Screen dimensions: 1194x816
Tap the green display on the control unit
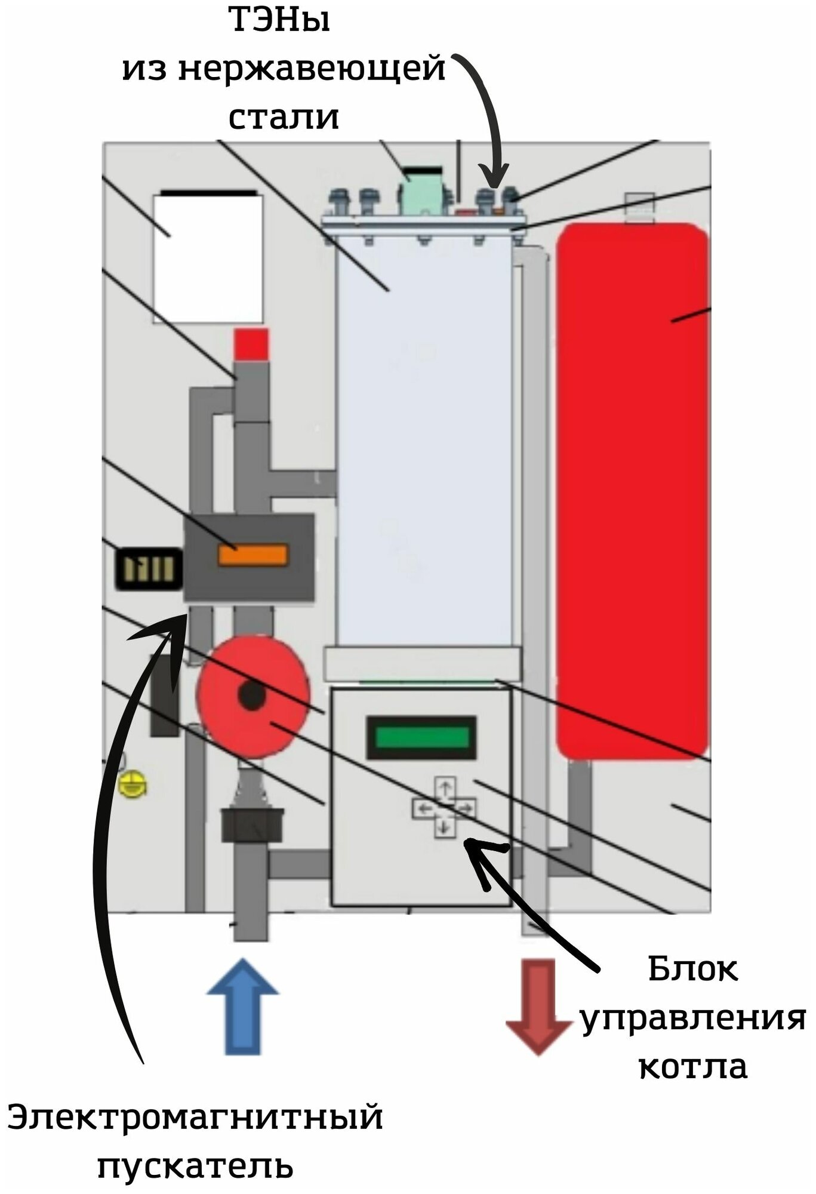pyautogui.click(x=421, y=737)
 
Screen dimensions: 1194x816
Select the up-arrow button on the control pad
pyautogui.click(x=444, y=789)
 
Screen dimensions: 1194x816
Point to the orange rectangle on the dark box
pyautogui.click(x=253, y=555)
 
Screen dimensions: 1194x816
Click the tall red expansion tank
pyautogui.click(x=633, y=490)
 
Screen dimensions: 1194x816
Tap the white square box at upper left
pyautogui.click(x=208, y=259)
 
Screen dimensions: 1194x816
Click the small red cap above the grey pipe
pyautogui.click(x=251, y=344)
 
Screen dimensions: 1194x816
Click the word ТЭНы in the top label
pyautogui.click(x=280, y=21)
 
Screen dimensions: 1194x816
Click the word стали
pyautogui.click(x=284, y=116)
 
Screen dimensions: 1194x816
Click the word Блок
pyautogui.click(x=692, y=968)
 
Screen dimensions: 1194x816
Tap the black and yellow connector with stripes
pyautogui.click(x=149, y=568)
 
